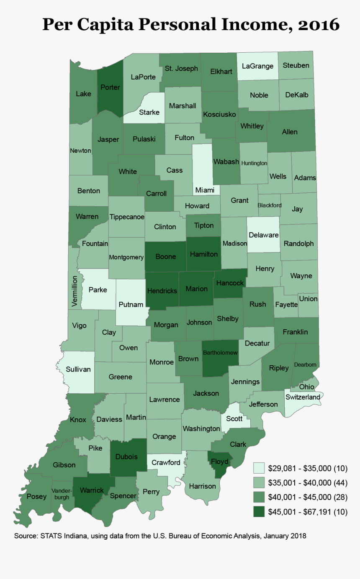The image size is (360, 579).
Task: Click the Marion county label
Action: pyautogui.click(x=196, y=289)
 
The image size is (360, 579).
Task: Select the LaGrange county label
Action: pyautogui.click(x=257, y=66)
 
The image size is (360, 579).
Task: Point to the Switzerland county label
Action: pyautogui.click(x=302, y=397)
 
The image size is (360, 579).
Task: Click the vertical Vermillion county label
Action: pyautogui.click(x=74, y=292)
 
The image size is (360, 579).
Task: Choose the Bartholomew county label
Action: pyautogui.click(x=220, y=353)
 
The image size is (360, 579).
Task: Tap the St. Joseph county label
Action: pyautogui.click(x=181, y=68)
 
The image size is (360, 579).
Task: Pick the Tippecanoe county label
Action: pyautogui.click(x=127, y=217)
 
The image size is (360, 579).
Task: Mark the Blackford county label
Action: pyautogui.click(x=270, y=205)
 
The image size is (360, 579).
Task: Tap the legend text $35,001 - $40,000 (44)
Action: pyautogui.click(x=308, y=483)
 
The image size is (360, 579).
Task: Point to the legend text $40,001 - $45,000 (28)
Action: pyautogui.click(x=308, y=497)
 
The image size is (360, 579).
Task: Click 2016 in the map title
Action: pyautogui.click(x=319, y=25)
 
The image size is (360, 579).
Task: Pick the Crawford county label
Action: pyautogui.click(x=166, y=462)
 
